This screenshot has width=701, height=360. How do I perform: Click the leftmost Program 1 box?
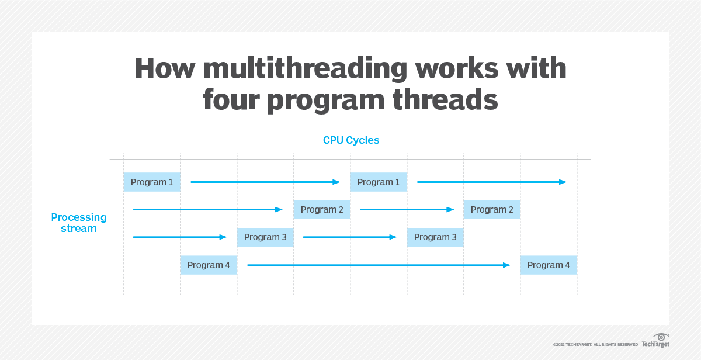152,182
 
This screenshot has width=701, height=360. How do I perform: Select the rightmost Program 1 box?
379,182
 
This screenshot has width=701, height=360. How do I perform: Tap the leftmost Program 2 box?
322,210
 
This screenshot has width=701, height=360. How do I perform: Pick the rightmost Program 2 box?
492,210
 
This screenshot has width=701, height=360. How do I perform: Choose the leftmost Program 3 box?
265,237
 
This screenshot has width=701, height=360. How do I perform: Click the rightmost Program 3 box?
435,237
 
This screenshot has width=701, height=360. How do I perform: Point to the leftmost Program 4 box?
209,265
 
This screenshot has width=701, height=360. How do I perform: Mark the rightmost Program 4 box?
549,265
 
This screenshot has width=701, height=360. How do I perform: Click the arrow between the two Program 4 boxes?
379,265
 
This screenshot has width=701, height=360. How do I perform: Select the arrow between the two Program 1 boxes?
265,182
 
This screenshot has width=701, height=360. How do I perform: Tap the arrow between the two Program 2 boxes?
407,210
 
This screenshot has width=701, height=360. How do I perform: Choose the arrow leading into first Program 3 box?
180,237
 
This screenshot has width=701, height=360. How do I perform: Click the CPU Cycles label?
351,140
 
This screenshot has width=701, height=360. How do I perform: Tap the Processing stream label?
79,223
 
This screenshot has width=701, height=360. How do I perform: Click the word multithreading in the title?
304,69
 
